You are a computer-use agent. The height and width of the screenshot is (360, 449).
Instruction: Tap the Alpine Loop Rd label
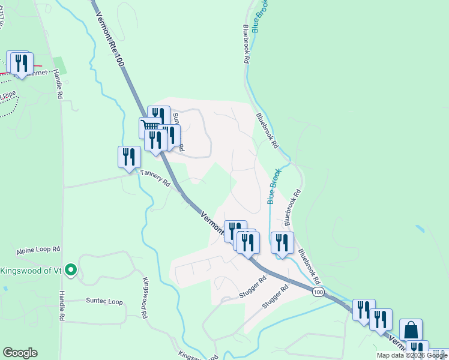pos(40,249)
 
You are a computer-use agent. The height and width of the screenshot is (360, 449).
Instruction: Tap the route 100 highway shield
pos(318,292)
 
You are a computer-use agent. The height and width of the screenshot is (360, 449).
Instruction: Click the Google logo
pos(20,353)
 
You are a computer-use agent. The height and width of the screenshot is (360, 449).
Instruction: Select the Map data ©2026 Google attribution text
pos(412,355)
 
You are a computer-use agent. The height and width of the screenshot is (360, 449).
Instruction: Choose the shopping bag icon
pos(411,329)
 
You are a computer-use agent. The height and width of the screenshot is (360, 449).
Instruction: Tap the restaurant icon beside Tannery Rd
pos(129,157)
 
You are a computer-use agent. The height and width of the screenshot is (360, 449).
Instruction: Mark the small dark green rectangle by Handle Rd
pos(60,65)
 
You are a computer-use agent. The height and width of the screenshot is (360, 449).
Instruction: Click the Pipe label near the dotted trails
pos(8,95)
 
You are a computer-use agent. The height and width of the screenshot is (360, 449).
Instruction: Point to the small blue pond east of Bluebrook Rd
pos(421,230)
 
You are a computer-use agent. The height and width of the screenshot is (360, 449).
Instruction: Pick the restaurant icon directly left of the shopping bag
pos(381,319)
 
